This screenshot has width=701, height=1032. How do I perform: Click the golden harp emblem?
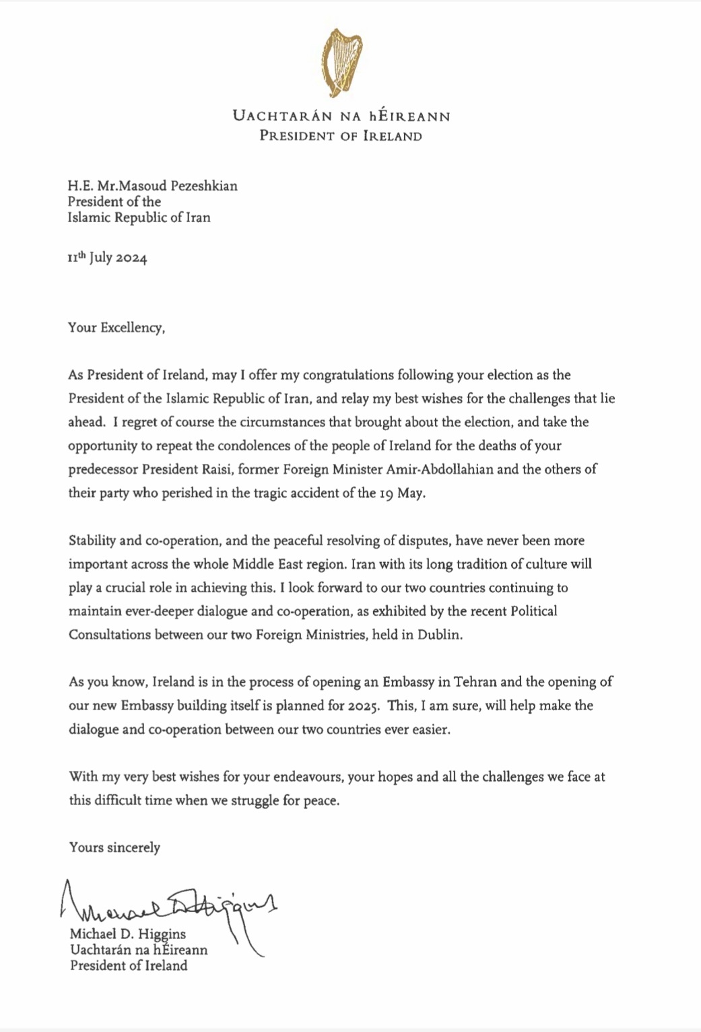pyautogui.click(x=341, y=62)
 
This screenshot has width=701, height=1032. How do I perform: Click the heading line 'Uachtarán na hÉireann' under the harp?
pyautogui.click(x=341, y=116)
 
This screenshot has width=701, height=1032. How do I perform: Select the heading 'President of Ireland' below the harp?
pyautogui.click(x=341, y=136)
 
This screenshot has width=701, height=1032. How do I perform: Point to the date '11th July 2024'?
pyautogui.click(x=107, y=258)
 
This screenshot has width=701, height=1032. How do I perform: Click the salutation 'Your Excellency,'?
pyautogui.click(x=116, y=328)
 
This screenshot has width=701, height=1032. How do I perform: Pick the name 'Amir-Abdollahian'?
pyautogui.click(x=440, y=469)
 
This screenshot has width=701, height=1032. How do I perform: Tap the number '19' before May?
pyautogui.click(x=386, y=493)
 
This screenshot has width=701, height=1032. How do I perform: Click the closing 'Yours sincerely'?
pyautogui.click(x=114, y=848)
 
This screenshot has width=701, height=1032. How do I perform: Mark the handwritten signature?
pyautogui.click(x=168, y=905)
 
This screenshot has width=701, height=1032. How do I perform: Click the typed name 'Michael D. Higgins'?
pyautogui.click(x=128, y=934)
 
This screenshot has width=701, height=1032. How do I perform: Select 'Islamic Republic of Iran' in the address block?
pyautogui.click(x=139, y=217)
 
